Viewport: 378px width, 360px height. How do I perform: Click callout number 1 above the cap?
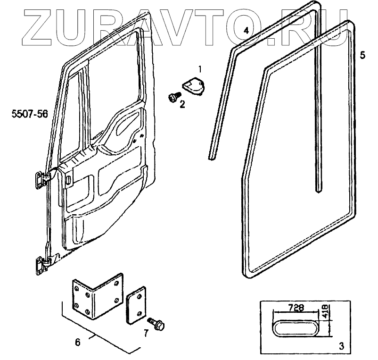[x=200, y=69]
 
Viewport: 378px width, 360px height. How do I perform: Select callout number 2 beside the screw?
[x=182, y=104]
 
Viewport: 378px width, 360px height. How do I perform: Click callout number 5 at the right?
[x=362, y=55]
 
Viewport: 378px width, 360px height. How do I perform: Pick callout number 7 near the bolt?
[x=146, y=334]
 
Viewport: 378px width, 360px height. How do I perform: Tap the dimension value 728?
[x=296, y=308]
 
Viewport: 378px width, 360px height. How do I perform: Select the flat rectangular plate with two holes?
[x=136, y=306]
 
